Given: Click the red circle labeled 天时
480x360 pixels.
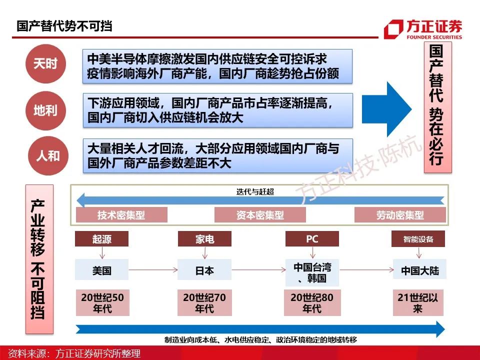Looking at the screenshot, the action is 45,63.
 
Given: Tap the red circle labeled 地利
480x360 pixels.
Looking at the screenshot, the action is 45,110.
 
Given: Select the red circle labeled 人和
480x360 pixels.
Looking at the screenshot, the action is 48,156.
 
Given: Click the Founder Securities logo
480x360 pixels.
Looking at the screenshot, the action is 423,29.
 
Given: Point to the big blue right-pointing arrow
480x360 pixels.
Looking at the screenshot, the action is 386,109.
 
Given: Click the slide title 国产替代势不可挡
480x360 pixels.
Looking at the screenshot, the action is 64,26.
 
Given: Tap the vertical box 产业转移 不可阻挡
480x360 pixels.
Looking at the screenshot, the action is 39,259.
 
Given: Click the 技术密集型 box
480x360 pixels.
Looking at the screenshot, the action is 121,215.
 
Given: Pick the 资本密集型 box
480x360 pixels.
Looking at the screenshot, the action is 260,215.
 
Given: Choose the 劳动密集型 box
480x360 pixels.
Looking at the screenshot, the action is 400,215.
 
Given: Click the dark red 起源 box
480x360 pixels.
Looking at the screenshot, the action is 101,239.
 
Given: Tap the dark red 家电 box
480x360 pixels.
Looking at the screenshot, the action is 205,239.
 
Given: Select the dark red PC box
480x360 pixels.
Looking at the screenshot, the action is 312,239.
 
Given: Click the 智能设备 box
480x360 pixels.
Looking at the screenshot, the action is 418,239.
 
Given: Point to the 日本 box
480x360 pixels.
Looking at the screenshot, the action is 204,269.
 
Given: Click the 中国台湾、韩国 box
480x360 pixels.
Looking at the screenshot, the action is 312,273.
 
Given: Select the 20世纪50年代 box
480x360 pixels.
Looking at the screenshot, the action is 102,303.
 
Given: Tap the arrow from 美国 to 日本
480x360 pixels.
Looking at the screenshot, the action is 153,269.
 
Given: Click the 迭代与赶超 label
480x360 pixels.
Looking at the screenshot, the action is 255,192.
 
